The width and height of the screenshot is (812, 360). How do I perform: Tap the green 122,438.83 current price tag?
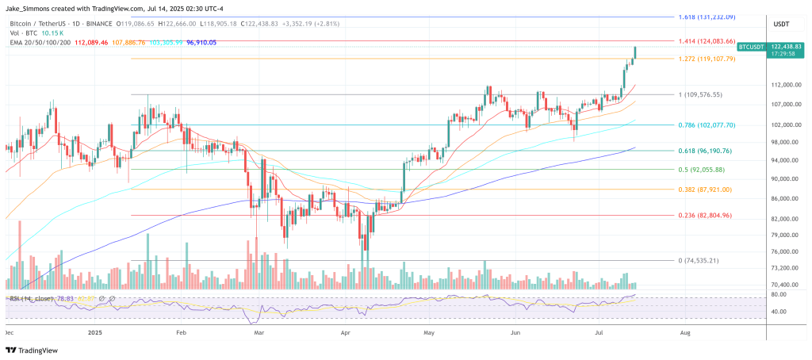click(x=779, y=48)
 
